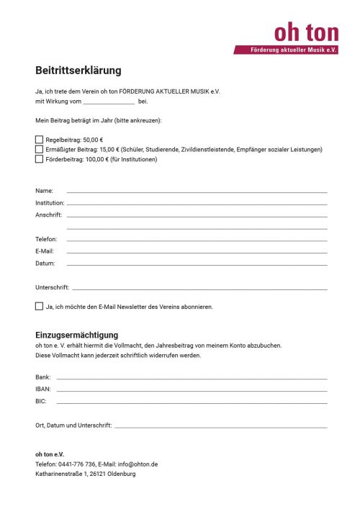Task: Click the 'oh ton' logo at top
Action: [306, 32]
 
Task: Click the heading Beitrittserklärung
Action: [78, 71]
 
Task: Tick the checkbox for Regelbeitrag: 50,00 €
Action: [39, 140]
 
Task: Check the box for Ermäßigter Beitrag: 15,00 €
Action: [39, 149]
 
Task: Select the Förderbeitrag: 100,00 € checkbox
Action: [39, 159]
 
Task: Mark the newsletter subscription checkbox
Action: [39, 306]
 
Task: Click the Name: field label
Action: [44, 191]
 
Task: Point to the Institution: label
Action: [50, 203]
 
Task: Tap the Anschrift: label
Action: [48, 215]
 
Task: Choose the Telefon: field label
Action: [46, 239]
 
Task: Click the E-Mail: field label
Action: [45, 251]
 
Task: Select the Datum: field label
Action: [45, 263]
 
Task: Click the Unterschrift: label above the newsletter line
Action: [52, 287]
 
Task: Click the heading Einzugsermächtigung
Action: [76, 335]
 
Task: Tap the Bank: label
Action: [43, 377]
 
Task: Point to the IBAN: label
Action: [43, 389]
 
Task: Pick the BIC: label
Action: [41, 401]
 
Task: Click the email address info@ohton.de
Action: [138, 464]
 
